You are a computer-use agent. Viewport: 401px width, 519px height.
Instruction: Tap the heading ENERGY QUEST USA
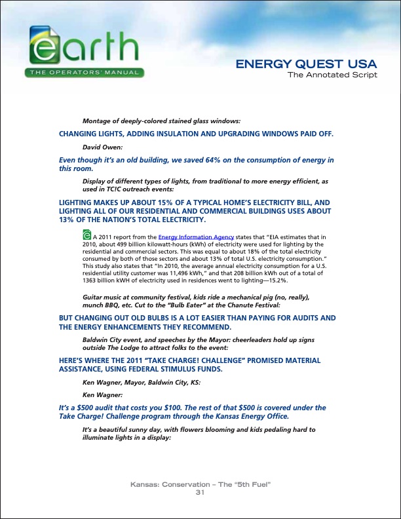click(x=305, y=64)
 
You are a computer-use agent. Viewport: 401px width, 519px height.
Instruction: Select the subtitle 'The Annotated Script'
click(x=333, y=75)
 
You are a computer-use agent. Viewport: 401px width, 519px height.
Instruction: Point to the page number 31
click(x=200, y=492)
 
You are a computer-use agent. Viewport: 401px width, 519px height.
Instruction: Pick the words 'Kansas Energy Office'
click(x=250, y=416)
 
